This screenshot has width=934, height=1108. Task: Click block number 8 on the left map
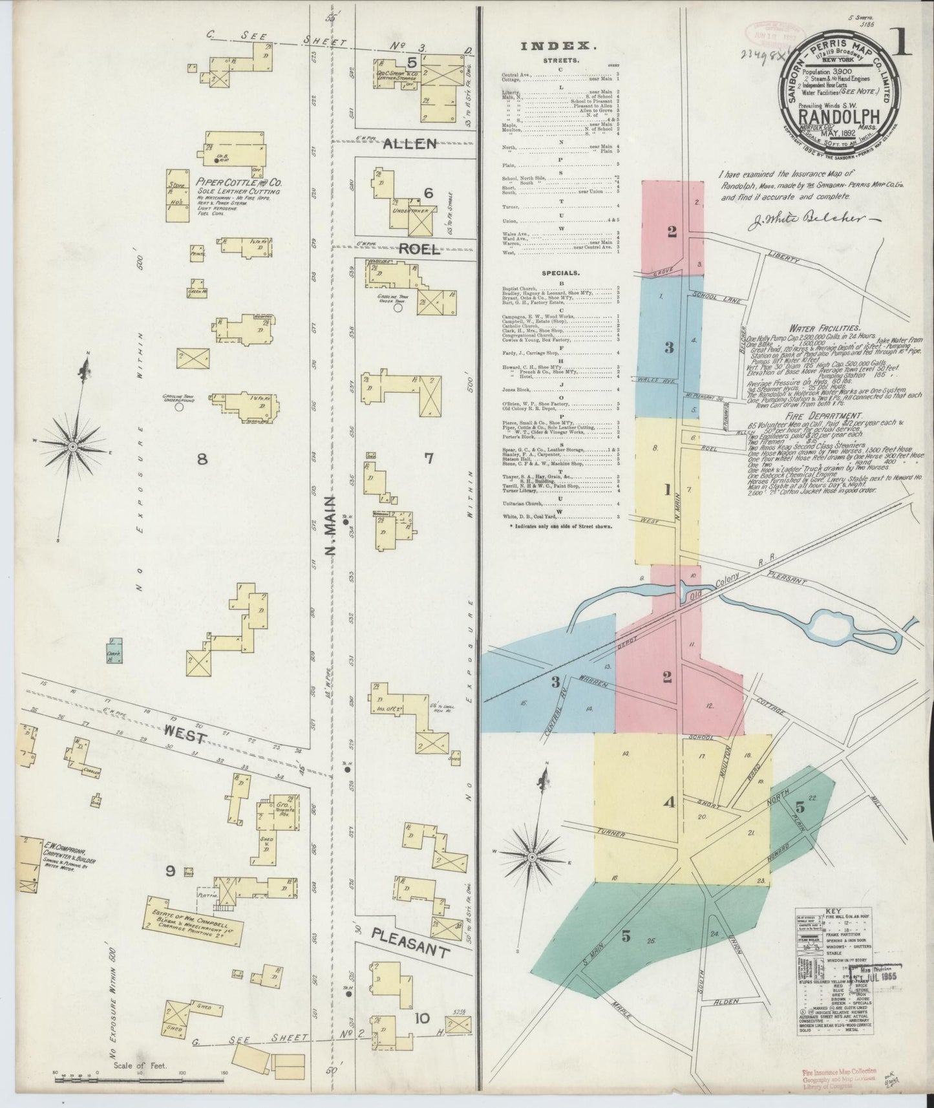(202, 459)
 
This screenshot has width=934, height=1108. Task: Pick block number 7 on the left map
(429, 458)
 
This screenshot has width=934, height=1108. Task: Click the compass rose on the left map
(74, 446)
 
